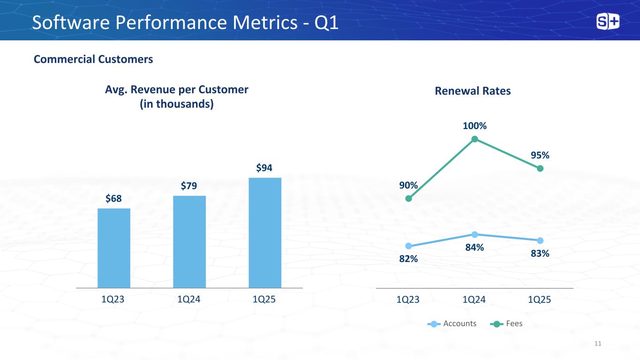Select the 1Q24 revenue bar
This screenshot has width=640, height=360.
pos(189,241)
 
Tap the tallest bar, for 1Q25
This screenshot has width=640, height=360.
pos(265,232)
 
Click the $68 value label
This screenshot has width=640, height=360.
pos(113,198)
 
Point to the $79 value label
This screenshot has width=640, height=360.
pos(189,186)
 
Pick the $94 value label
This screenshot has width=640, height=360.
pos(265,167)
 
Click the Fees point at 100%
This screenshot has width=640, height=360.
pos(474,139)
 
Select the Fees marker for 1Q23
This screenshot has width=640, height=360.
pos(408,198)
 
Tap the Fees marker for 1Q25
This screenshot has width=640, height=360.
pos(540,168)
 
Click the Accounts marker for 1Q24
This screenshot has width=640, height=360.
pos(474,234)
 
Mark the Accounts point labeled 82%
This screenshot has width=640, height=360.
pos(408,246)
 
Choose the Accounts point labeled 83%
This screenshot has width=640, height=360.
pos(540,240)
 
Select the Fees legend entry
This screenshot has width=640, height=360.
pos(509,323)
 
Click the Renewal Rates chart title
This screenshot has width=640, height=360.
pos(473,91)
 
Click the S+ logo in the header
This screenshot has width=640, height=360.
pos(608,22)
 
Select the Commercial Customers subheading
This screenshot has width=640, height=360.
pos(93,59)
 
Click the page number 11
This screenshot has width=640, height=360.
pos(597,344)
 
